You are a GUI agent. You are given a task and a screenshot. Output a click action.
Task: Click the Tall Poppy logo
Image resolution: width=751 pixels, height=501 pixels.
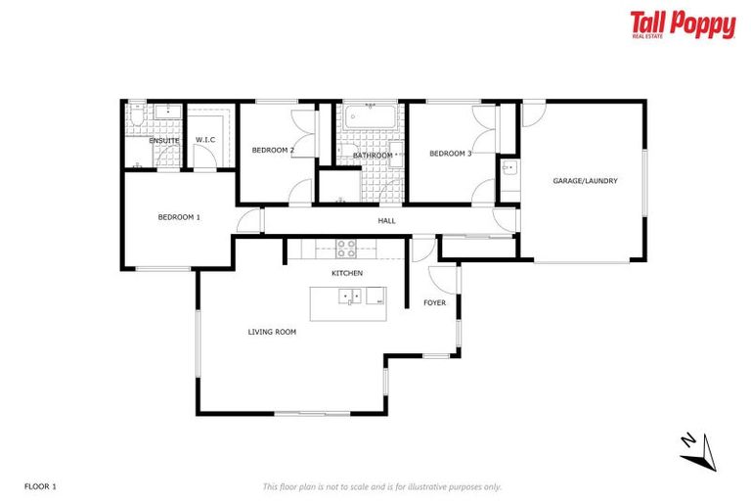[682, 25]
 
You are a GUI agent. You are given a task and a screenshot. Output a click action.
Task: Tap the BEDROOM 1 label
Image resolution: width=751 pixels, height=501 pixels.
[179, 217]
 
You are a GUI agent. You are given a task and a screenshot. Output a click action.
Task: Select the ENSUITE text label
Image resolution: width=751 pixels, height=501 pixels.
[163, 141]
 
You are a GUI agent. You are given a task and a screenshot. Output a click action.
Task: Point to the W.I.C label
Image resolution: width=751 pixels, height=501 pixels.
[205, 141]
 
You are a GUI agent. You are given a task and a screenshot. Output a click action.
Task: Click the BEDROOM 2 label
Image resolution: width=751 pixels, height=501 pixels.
[273, 150]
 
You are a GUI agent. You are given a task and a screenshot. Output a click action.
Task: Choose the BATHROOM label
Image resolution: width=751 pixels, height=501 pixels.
[373, 156]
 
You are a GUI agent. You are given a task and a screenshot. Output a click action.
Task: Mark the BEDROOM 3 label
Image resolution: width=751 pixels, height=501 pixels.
[451, 154]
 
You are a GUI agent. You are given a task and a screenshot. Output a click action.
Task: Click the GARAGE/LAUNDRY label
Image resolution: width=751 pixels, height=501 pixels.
[585, 181]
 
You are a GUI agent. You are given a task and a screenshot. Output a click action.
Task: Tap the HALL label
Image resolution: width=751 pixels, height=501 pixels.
[387, 221]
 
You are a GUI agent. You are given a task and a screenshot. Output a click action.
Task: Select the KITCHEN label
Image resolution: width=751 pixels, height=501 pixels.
[347, 272]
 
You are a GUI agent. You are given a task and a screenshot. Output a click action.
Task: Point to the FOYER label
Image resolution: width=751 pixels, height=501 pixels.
[434, 303]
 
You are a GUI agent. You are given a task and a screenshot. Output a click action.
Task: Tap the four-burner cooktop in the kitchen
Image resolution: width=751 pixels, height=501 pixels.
[347, 247]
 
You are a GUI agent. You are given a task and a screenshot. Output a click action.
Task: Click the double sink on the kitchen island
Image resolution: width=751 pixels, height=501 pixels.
[349, 296]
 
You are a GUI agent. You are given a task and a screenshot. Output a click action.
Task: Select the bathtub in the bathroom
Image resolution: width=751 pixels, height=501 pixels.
[372, 120]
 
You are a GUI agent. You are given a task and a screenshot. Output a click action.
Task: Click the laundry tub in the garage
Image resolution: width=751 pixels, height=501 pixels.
[508, 170]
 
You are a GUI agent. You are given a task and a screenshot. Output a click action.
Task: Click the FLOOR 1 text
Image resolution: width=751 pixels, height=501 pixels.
[40, 486]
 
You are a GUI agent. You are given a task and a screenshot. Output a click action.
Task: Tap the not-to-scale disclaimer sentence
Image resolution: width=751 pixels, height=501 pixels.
[382, 486]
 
